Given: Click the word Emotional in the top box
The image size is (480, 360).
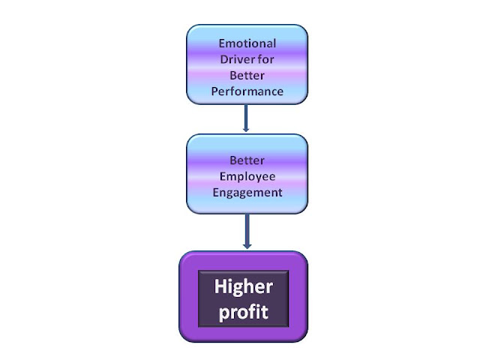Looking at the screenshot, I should click(247, 43).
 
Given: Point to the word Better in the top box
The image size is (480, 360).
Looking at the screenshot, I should click(247, 76).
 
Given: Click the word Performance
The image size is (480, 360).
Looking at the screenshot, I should click(247, 92).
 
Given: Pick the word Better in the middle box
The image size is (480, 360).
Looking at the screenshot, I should click(247, 160).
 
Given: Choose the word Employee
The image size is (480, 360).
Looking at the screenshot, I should click(247, 176).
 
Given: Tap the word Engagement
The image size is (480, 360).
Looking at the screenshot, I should click(247, 193).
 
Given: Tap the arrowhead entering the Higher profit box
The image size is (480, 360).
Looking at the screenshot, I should click(247, 246).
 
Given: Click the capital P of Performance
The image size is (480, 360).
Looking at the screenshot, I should click(214, 92).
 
